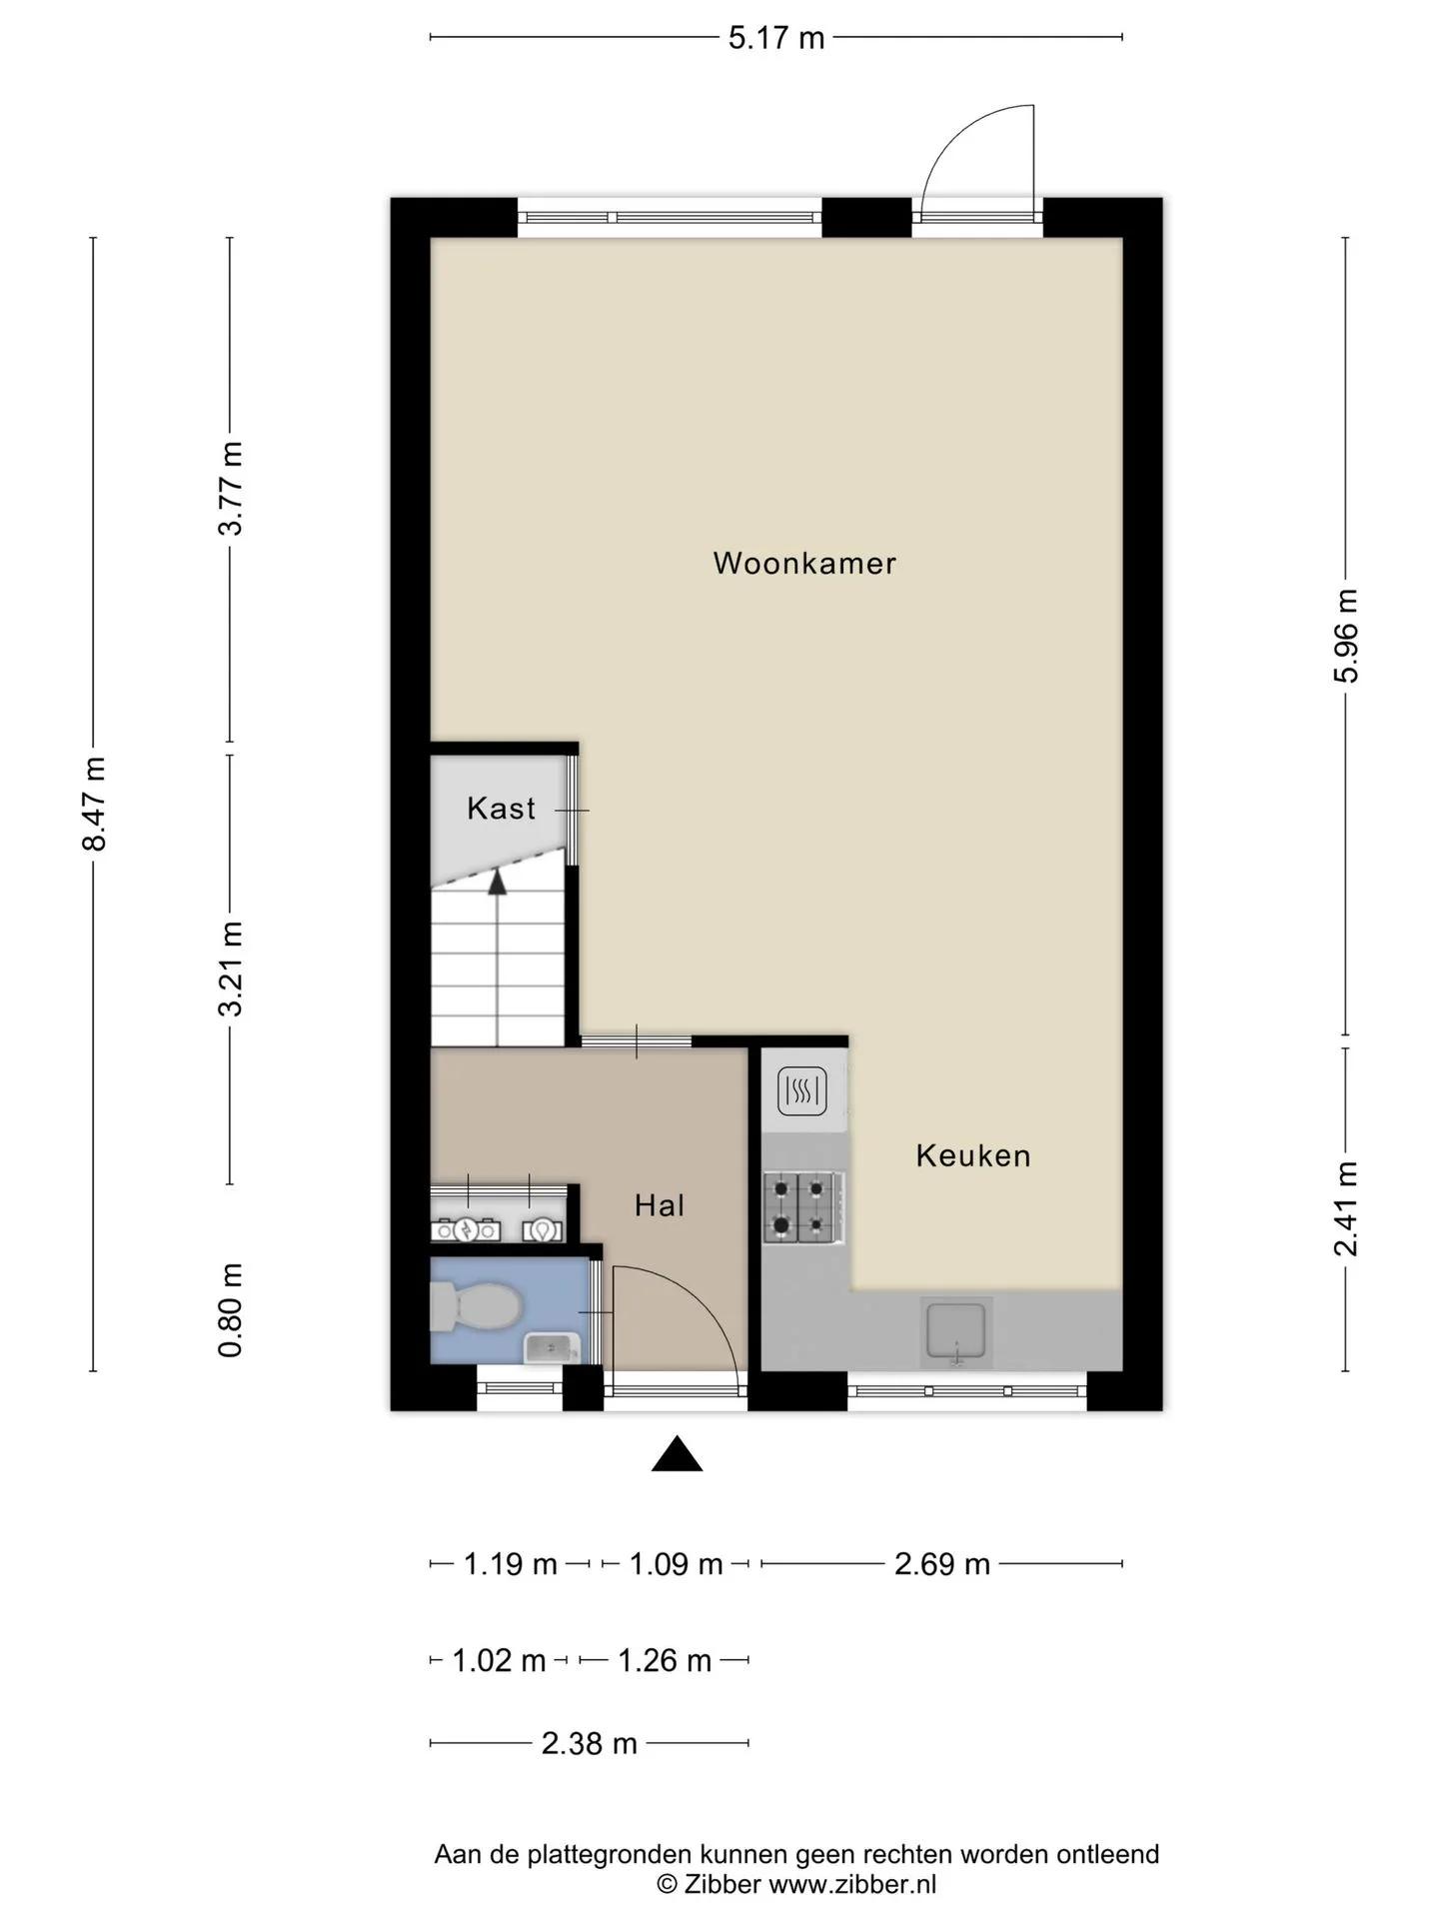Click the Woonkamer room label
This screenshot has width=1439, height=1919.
coord(804,563)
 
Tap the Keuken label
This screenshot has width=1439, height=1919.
coord(973,1155)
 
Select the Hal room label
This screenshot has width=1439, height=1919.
coord(660,1205)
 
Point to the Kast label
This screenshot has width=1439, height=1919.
coord(502,808)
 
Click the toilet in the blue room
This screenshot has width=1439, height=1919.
coord(475,1307)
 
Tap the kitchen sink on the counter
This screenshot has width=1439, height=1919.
coord(956,1332)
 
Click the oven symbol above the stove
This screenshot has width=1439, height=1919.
coord(802,1090)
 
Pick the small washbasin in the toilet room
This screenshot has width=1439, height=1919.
coord(552,1348)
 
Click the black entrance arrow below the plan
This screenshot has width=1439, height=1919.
coord(677,1454)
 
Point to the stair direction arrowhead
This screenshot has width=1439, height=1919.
coord(497,881)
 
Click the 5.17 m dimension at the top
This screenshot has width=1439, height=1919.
coord(776,38)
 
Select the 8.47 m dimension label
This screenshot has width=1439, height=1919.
coord(94,804)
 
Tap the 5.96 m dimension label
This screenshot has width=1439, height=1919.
coord(1346,636)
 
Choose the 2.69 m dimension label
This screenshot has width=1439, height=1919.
coord(941,1564)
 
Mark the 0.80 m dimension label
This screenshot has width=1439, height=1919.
coord(231,1309)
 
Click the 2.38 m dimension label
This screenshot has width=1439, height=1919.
coord(589,1744)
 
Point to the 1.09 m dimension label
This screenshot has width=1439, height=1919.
coord(676,1564)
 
